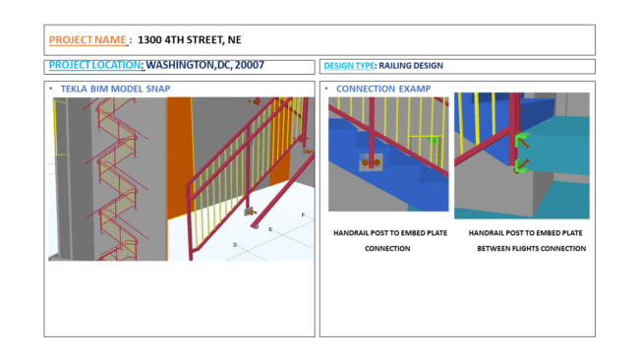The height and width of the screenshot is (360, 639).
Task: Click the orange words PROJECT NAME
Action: (87, 40)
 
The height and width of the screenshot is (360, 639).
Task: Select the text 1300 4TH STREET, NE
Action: (190, 40)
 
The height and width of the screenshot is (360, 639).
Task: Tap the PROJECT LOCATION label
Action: (94, 65)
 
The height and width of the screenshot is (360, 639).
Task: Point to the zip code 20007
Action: (250, 65)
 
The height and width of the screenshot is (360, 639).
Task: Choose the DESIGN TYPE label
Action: (349, 66)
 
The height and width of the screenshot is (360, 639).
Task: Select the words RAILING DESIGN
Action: (411, 66)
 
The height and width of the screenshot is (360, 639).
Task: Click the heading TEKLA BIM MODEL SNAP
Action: (115, 89)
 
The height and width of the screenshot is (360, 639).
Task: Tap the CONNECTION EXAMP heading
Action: (383, 89)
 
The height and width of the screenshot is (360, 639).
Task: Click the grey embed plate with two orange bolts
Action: (371, 162)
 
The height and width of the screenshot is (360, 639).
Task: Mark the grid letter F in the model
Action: (303, 214)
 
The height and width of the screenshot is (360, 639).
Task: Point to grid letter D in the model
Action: (235, 245)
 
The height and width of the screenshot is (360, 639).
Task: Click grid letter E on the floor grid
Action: (270, 229)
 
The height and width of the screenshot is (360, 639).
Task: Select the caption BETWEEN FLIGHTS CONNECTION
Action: (532, 248)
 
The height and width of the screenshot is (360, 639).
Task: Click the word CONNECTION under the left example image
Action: (387, 248)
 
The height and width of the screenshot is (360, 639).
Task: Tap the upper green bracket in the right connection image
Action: (522, 139)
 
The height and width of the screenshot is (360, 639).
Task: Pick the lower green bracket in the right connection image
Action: (521, 165)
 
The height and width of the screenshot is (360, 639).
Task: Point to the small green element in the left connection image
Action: (434, 141)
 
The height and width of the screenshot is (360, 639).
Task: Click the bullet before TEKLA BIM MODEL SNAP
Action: (51, 89)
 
